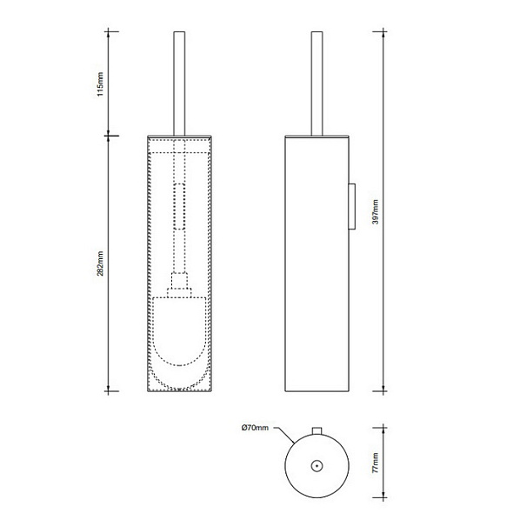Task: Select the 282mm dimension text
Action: tap(101, 264)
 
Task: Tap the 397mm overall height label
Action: tap(375, 211)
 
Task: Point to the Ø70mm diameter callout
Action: tap(256, 428)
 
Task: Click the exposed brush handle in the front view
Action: tap(179, 83)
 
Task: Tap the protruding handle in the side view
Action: tap(318, 83)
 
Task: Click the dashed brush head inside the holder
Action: tap(179, 335)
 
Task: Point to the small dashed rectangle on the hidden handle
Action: tap(179, 207)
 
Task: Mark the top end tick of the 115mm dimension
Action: tap(109, 33)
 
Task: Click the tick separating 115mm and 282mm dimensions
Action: tap(109, 135)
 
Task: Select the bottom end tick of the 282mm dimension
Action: tap(109, 390)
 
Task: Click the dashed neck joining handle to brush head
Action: tap(179, 283)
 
